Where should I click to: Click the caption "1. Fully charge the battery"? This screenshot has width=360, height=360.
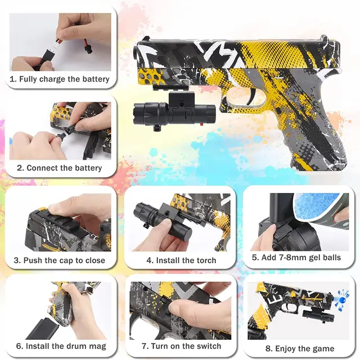tap(59, 79)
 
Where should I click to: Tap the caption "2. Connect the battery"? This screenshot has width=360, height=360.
tap(59, 168)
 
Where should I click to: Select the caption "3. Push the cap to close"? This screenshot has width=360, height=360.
tap(59, 260)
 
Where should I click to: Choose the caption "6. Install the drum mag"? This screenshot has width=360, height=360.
tap(61, 346)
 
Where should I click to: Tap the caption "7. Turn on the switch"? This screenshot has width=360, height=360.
tap(181, 346)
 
